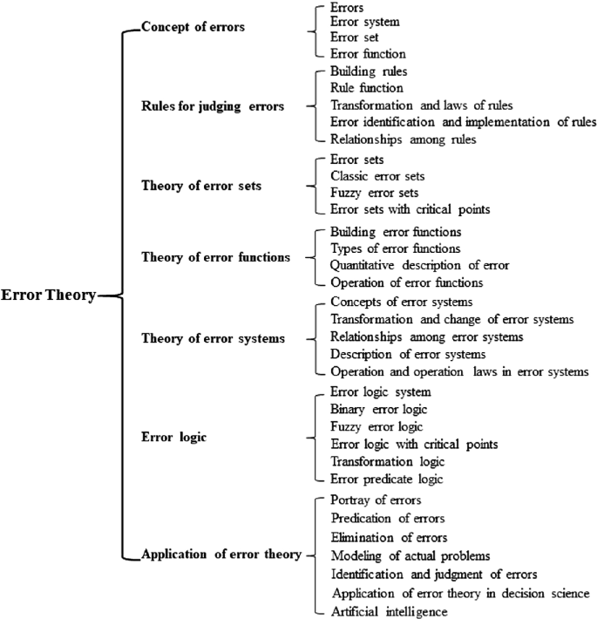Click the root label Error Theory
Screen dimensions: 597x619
(48, 296)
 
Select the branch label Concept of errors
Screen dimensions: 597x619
(193, 27)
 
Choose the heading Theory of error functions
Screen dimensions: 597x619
(215, 257)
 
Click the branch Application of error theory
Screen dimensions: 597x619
(221, 554)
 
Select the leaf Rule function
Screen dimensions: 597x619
(367, 87)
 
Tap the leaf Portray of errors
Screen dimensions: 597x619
(377, 500)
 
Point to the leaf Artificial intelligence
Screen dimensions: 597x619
(390, 612)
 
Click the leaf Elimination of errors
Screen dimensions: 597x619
(389, 536)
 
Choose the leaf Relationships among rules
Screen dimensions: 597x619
(403, 139)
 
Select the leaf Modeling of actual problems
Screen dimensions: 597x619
(410, 555)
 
